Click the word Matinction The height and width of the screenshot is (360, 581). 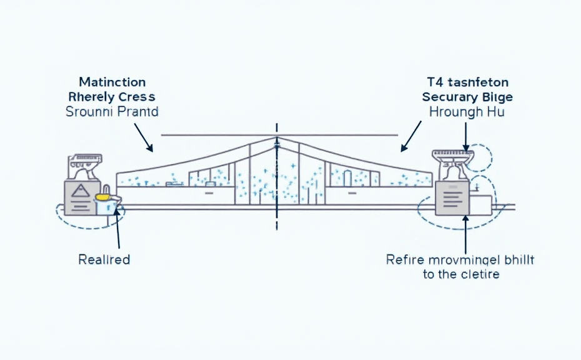[112, 82]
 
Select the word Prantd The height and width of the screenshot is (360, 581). [137, 112]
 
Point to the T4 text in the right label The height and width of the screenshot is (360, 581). [434, 82]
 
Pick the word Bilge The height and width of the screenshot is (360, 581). [497, 97]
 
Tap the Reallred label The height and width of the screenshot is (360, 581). [104, 259]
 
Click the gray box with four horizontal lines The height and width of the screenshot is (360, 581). [452, 199]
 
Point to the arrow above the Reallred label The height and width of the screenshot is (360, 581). [117, 231]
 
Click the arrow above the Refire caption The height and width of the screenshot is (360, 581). [465, 234]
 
